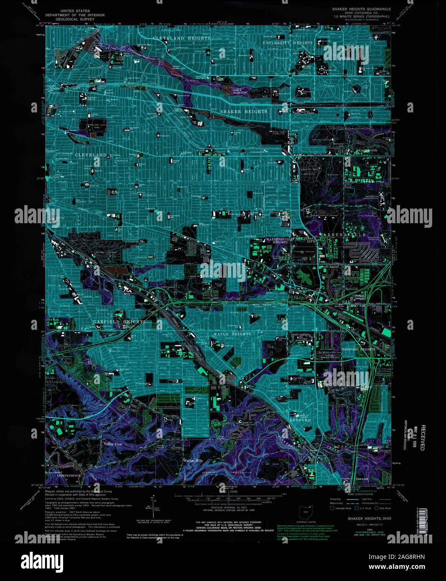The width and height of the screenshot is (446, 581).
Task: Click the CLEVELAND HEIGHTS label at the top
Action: (181, 38)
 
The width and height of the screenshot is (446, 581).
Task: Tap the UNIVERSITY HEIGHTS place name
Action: (288, 43)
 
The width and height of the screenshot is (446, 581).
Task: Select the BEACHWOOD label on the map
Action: (367, 150)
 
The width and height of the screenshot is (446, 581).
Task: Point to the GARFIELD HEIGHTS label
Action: (119, 322)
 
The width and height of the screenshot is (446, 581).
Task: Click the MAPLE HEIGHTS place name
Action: (232, 334)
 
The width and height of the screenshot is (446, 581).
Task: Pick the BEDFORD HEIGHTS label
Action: (358, 349)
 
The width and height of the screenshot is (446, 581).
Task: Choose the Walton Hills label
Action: (193, 461)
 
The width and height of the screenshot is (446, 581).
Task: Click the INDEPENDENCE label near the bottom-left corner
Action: (69, 476)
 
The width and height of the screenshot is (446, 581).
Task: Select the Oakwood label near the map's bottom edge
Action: (362, 479)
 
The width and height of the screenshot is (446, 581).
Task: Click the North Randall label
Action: (330, 267)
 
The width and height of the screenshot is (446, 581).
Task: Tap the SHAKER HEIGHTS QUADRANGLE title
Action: (361, 9)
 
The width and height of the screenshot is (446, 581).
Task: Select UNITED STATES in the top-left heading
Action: (75, 11)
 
